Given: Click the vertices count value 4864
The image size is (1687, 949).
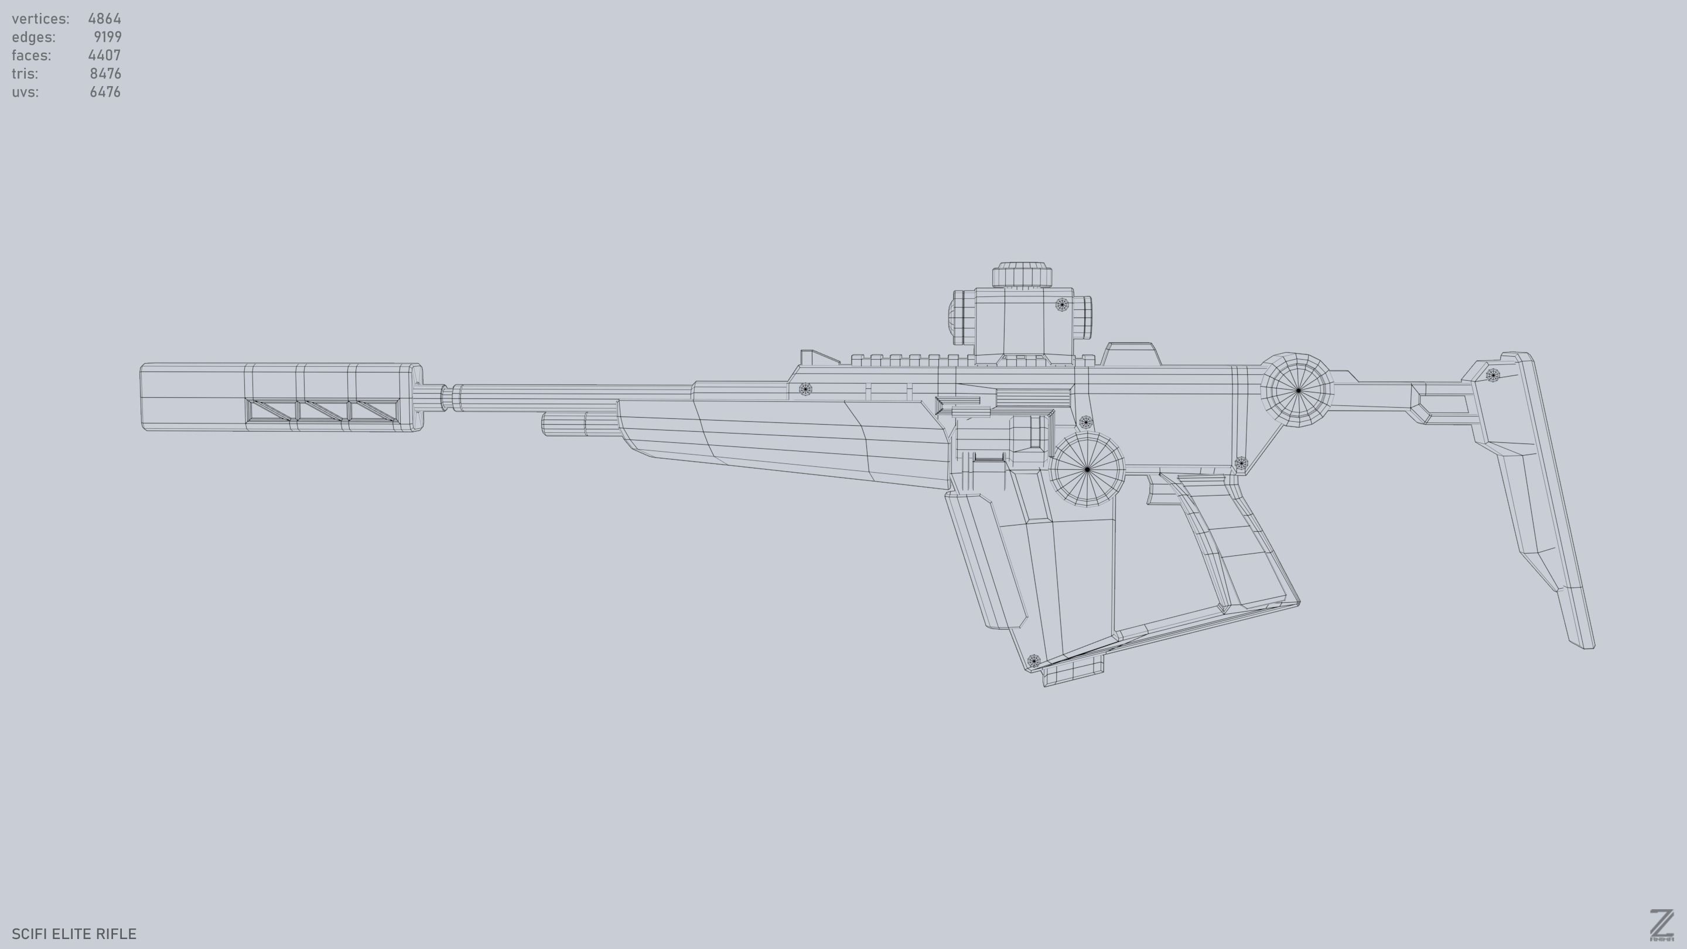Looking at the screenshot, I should (x=104, y=18).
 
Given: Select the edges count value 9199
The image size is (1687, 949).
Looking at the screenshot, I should (x=107, y=37).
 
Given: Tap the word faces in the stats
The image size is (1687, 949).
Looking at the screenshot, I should (x=31, y=55).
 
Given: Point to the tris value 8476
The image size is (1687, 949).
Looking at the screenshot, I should (x=105, y=73).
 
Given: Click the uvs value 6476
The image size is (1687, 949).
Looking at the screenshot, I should (x=105, y=92).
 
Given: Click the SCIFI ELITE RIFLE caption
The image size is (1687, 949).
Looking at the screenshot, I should (x=74, y=933).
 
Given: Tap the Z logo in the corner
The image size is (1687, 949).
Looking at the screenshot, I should (x=1661, y=925).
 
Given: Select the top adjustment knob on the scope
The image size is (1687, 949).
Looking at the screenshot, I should (x=1022, y=275).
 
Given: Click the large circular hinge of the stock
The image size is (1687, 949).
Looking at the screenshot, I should (x=1298, y=390).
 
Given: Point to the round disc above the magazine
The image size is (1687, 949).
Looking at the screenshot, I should (x=1087, y=469).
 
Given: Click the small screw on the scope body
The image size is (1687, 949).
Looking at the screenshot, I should (x=1062, y=305).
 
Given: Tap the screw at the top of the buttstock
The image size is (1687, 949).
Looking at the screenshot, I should (x=1493, y=375).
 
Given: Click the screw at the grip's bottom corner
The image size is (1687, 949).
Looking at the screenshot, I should (x=1033, y=661).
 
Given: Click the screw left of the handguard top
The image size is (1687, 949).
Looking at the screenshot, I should (x=805, y=389).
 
